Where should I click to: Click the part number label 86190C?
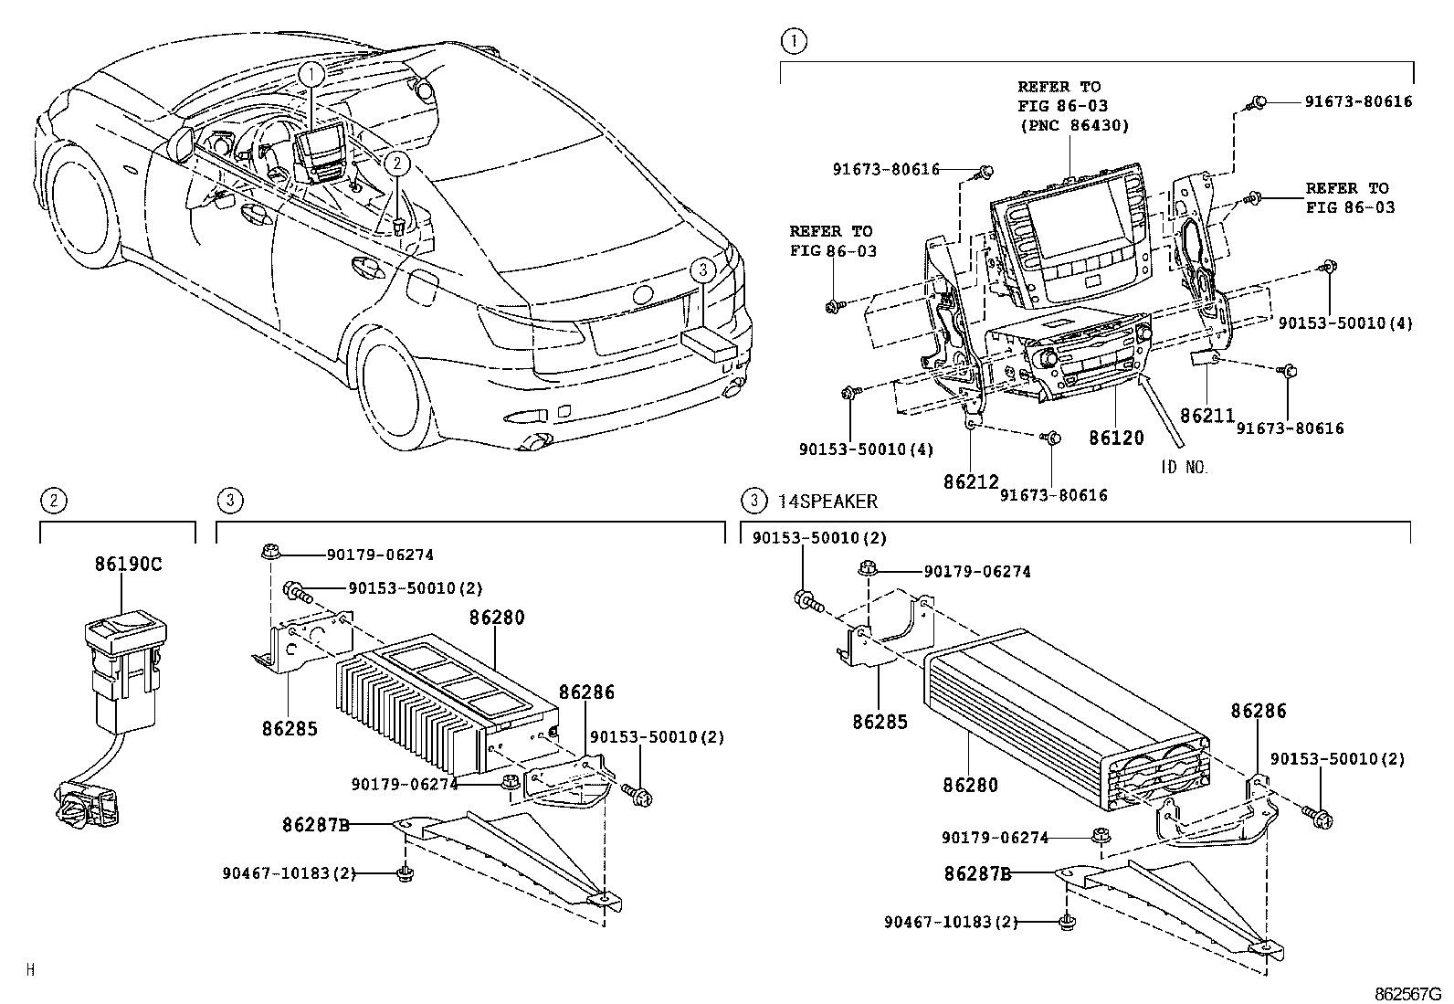coord(127,564)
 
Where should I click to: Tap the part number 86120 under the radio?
coord(1115,439)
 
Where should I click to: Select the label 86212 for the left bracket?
coord(970,481)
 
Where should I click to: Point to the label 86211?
coord(1207,416)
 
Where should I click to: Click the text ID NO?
coord(1185,468)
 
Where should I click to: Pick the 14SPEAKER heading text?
coord(827,501)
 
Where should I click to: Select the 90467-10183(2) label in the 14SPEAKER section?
coord(951,923)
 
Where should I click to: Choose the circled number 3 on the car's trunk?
coord(701,271)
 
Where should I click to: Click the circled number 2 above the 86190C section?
coord(54,500)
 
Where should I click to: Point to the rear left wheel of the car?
coord(403,392)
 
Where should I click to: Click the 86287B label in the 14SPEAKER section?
coord(976,873)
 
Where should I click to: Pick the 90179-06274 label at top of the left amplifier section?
coord(380,555)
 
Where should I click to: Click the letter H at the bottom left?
coord(30,969)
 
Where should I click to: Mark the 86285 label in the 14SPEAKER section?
coord(880,722)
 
